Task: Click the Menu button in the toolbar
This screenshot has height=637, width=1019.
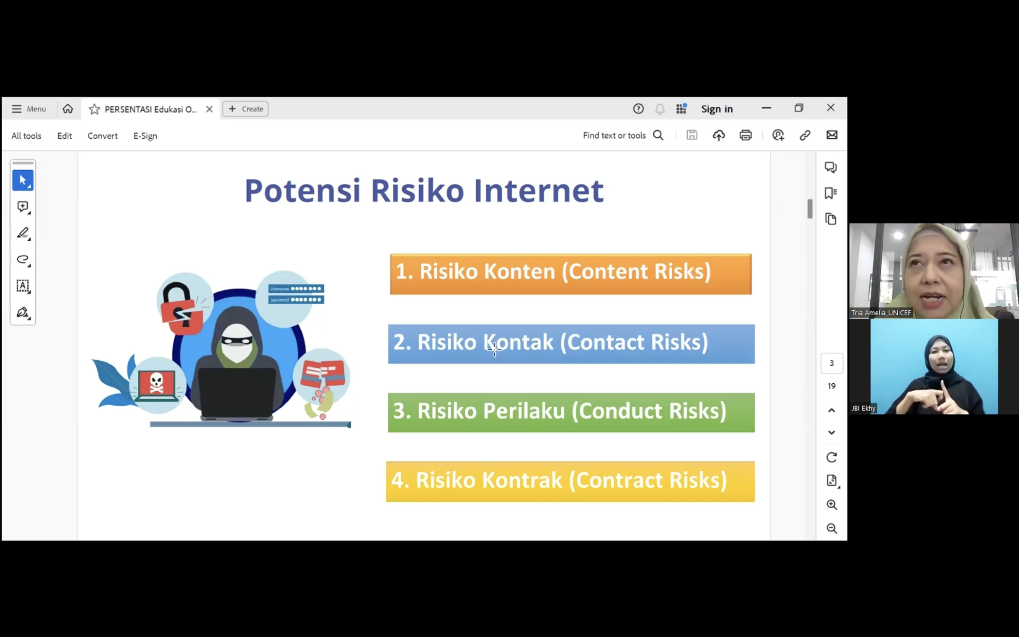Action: [x=29, y=109]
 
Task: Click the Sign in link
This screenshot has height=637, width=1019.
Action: [x=717, y=109]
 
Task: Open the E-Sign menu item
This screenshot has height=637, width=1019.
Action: [x=145, y=136]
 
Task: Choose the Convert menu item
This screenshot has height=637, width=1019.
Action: [x=102, y=136]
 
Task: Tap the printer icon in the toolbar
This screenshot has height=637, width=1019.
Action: [x=745, y=135]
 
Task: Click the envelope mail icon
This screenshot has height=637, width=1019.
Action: [x=831, y=135]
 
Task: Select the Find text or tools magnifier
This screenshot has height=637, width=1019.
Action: [x=658, y=135]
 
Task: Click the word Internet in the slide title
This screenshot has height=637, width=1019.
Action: [x=539, y=191]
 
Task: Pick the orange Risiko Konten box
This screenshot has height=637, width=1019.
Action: [x=571, y=274]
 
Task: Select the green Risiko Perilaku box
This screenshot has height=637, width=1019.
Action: [x=571, y=412]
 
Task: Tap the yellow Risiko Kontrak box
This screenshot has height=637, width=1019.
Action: [x=570, y=482]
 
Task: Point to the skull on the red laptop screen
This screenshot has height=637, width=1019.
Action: [x=156, y=383]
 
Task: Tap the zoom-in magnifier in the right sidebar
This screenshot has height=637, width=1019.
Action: [x=831, y=504]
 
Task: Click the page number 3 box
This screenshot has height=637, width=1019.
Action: [x=831, y=363]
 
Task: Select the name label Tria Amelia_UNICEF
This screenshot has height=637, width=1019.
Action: [x=881, y=312]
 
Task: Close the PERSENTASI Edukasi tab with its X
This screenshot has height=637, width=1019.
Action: [x=209, y=109]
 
